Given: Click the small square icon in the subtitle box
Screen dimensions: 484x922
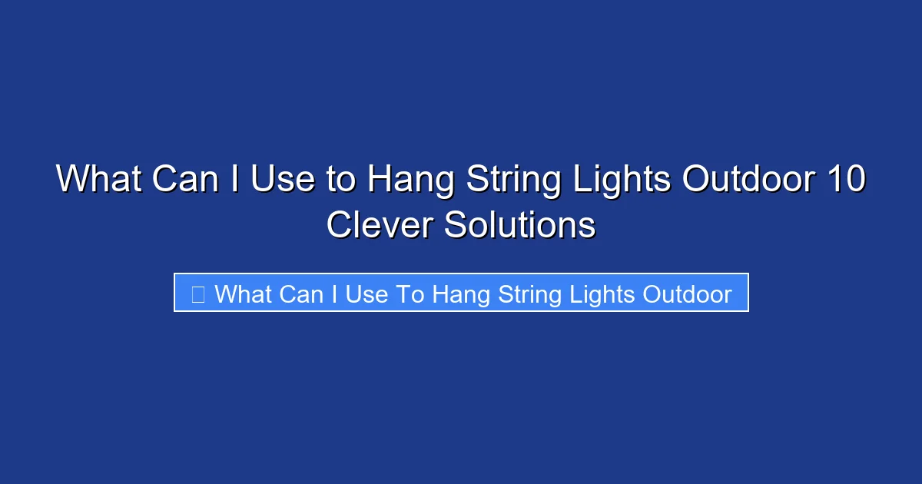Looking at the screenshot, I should pos(197,293).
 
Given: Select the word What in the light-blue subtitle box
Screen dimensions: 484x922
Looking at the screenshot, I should pos(243,293).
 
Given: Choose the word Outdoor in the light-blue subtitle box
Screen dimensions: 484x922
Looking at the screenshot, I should pos(687,293).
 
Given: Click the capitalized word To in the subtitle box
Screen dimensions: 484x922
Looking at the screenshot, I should pos(410,293).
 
